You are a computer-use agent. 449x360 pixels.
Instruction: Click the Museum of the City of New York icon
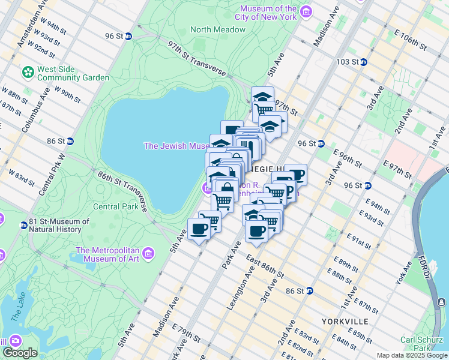pyautogui.click(x=306, y=12)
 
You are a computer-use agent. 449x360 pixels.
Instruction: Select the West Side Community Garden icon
pyautogui.click(x=28, y=73)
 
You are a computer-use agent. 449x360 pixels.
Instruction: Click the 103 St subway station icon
pyautogui.click(x=364, y=62)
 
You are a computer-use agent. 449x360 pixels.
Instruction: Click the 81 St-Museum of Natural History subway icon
pyautogui.click(x=23, y=226)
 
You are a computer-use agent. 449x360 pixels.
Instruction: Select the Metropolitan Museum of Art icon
pyautogui.click(x=148, y=253)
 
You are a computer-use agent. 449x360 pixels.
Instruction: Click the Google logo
pyautogui.click(x=20, y=353)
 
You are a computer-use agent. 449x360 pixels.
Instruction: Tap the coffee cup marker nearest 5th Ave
pyautogui.click(x=199, y=229)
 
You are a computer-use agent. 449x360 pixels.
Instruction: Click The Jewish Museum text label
pyautogui.click(x=176, y=146)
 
